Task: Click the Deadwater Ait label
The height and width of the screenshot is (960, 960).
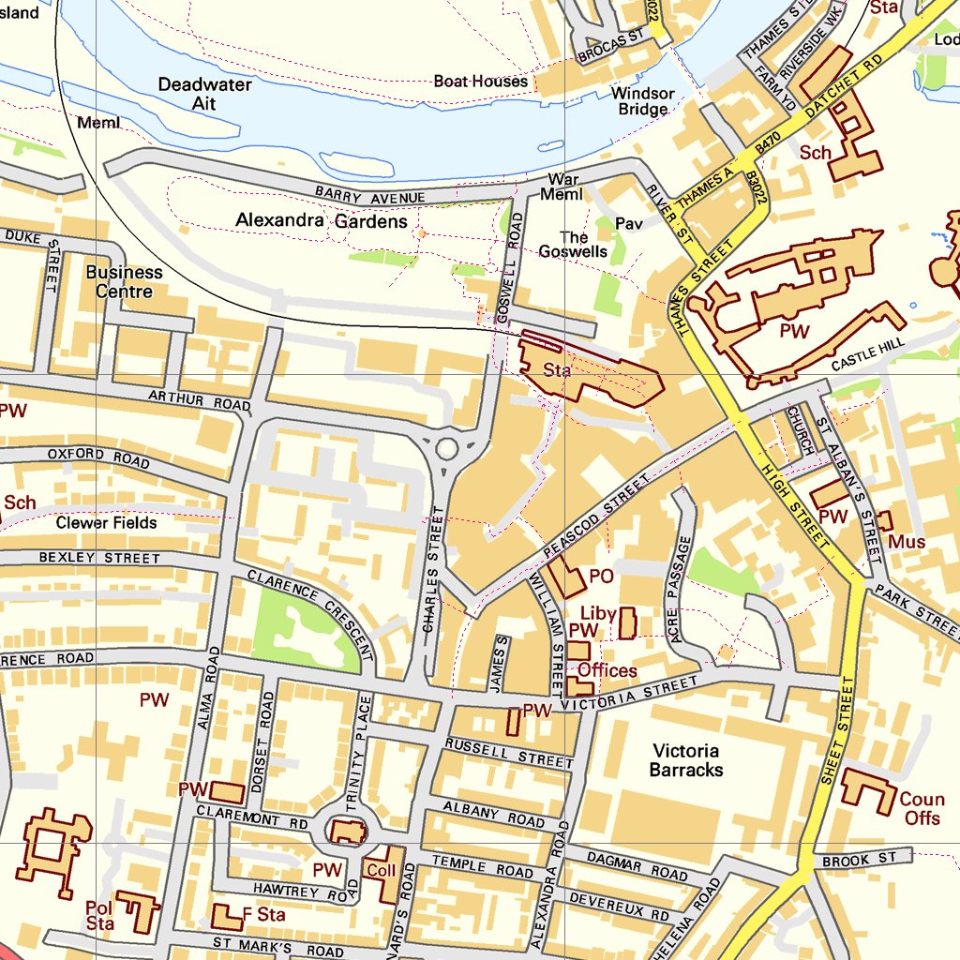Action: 204,94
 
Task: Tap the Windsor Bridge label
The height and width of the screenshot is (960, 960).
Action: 642,100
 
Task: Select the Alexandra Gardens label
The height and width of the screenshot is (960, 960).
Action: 321,221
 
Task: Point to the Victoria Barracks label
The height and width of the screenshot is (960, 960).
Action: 686,760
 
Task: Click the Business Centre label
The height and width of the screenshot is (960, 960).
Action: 124,281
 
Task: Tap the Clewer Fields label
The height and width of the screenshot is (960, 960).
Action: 106,523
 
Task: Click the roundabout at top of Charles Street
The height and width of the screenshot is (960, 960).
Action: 447,449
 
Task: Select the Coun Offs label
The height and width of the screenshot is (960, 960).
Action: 922,809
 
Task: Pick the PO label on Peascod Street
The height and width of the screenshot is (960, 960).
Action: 601,576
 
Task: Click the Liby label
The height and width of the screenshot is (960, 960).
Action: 598,614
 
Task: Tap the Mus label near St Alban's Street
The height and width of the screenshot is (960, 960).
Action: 907,542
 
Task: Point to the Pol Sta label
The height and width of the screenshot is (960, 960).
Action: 99,915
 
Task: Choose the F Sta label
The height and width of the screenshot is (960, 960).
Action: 263,913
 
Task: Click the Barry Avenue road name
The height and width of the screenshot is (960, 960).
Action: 369,196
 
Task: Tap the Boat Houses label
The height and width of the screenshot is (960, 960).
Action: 480,82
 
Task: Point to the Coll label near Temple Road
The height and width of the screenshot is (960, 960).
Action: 380,870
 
